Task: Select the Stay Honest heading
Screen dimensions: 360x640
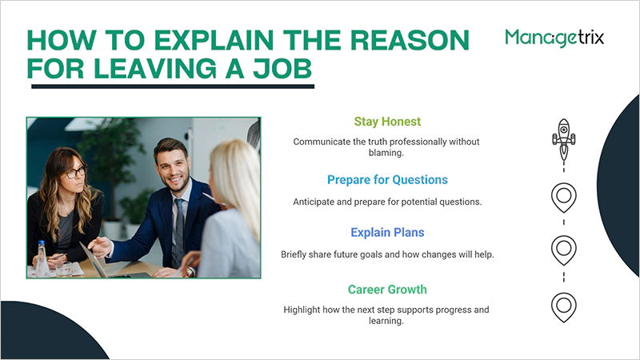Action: coord(387,122)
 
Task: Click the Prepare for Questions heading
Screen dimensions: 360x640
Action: coord(387,179)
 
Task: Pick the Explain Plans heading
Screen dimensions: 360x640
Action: coord(387,233)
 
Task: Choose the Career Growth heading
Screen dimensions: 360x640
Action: coord(387,290)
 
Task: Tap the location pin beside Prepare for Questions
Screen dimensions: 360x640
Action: coord(564,195)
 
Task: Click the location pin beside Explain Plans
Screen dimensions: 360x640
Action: coord(564,248)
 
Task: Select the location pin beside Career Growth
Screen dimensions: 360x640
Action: coord(564,305)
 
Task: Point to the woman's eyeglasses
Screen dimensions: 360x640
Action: coord(73,171)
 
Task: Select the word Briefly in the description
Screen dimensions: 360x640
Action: coord(298,254)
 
